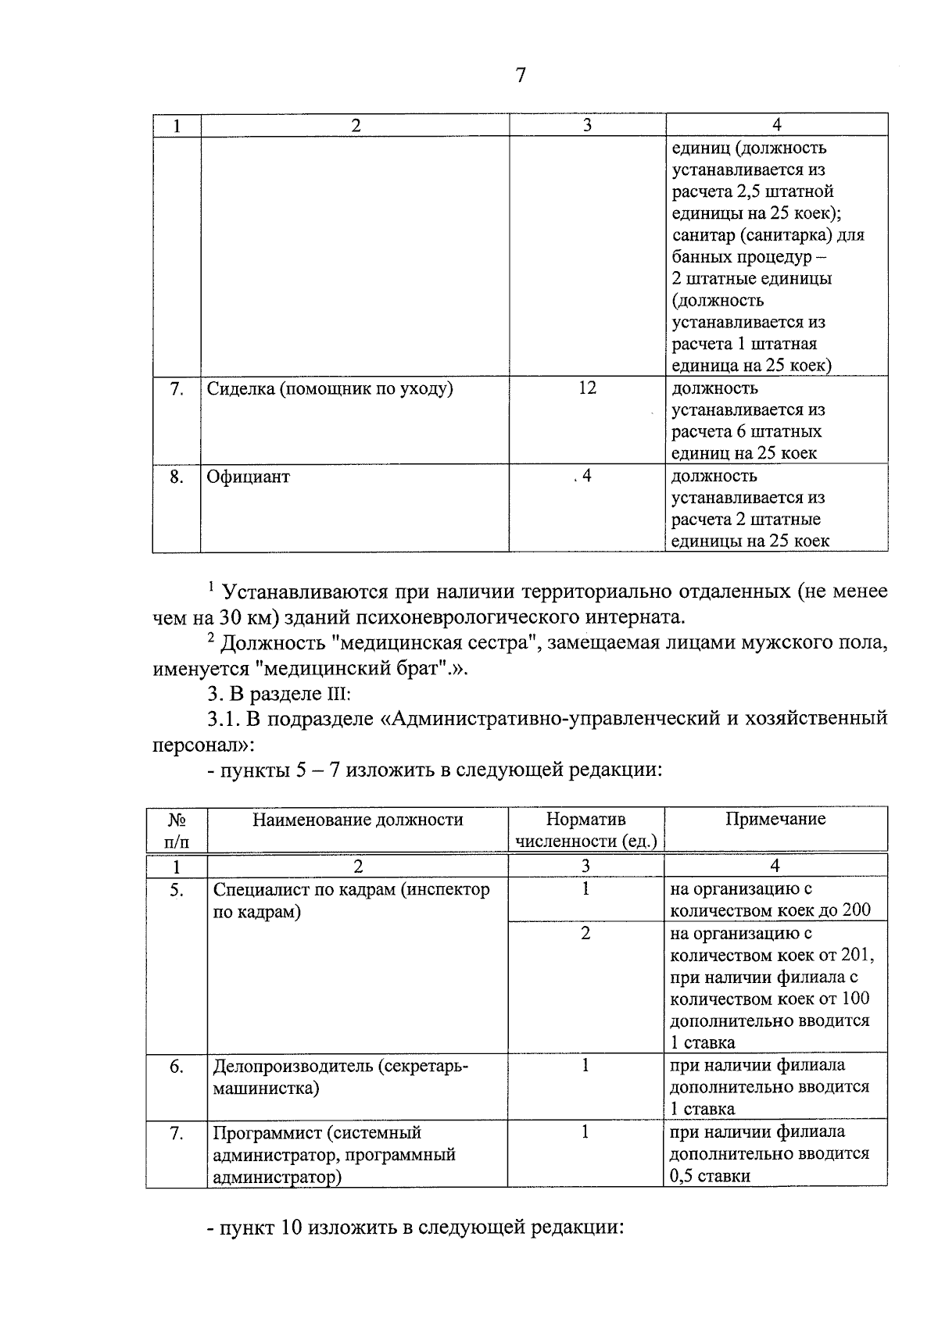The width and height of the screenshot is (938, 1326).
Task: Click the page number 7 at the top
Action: pyautogui.click(x=521, y=76)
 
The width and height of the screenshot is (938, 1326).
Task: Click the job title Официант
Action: pyautogui.click(x=248, y=477)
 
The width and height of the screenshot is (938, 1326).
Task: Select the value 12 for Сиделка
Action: pyautogui.click(x=587, y=388)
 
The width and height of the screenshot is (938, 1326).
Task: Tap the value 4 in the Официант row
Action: pyautogui.click(x=586, y=475)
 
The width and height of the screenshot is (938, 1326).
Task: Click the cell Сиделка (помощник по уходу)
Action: pyautogui.click(x=330, y=388)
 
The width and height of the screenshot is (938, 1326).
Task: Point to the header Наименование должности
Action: pyautogui.click(x=357, y=820)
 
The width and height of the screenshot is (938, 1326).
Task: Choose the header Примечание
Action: pyautogui.click(x=775, y=819)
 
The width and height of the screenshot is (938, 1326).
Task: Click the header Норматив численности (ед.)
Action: pyautogui.click(x=585, y=830)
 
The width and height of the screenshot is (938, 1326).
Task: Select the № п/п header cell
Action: pyautogui.click(x=177, y=830)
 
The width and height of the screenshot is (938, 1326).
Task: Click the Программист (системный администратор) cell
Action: pyautogui.click(x=334, y=1154)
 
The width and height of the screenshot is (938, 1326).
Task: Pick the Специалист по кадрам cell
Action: pyautogui.click(x=351, y=900)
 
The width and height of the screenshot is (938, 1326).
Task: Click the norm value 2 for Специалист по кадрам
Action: pyautogui.click(x=585, y=933)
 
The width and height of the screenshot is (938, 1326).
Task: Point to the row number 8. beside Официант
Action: pyautogui.click(x=177, y=477)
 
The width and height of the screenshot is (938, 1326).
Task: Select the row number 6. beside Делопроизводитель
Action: pyautogui.click(x=177, y=1066)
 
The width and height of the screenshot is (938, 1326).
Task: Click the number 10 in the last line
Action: pyautogui.click(x=291, y=1227)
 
